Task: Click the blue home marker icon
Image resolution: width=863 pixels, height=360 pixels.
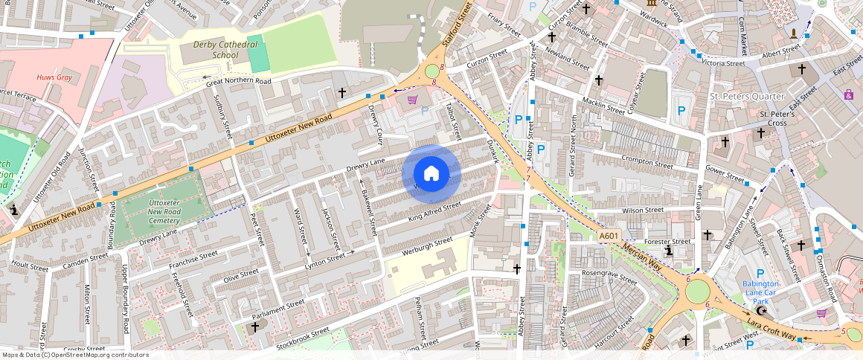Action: [x=431, y=174]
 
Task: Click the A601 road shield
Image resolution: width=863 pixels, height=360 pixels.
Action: [x=609, y=237]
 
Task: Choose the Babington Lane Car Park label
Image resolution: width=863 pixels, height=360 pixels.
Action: [x=760, y=292]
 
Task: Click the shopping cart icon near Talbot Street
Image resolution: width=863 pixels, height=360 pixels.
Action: [x=412, y=100]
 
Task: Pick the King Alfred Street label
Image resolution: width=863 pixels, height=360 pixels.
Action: [x=434, y=210]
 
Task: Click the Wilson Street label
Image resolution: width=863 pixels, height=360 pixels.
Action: [x=643, y=210]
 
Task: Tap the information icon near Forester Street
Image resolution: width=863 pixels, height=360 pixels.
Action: [x=669, y=252]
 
